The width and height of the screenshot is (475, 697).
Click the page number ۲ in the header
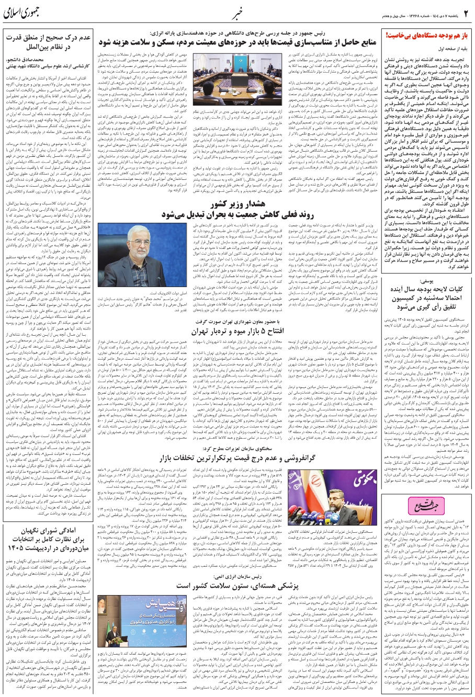(467, 13)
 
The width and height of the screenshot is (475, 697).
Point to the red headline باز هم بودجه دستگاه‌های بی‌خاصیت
(427, 36)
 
